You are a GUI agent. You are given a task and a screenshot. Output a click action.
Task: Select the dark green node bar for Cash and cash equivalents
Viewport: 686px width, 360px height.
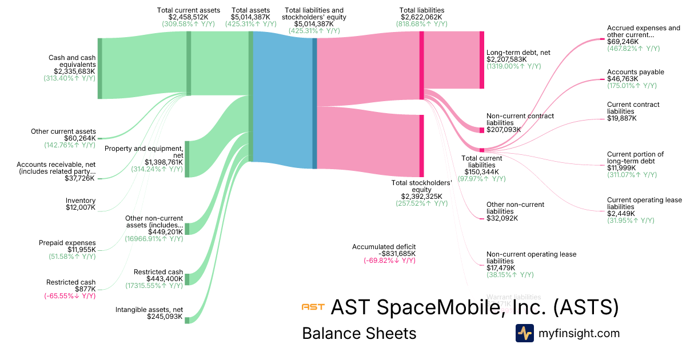100,69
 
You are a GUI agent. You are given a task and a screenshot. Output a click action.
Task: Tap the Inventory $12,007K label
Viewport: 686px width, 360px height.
81,207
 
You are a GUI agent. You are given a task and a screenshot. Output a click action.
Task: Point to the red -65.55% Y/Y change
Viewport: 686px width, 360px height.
69,296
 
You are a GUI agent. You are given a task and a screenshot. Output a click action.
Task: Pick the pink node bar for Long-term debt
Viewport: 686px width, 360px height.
482,60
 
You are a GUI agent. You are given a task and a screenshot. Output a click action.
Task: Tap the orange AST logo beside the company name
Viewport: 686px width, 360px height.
313,307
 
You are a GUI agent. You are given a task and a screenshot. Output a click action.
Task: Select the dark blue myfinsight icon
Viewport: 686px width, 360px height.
524,333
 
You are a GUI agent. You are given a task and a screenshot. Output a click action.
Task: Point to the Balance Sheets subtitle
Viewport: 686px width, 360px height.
359,333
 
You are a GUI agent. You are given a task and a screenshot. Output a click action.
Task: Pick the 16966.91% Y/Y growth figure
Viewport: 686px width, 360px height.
154,239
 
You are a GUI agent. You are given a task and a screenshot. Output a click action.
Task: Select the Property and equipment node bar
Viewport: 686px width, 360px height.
187,159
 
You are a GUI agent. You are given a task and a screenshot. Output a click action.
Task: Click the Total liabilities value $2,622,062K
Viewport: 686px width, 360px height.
421,18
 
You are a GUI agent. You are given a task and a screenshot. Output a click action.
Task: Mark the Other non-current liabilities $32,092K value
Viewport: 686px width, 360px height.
502,218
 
